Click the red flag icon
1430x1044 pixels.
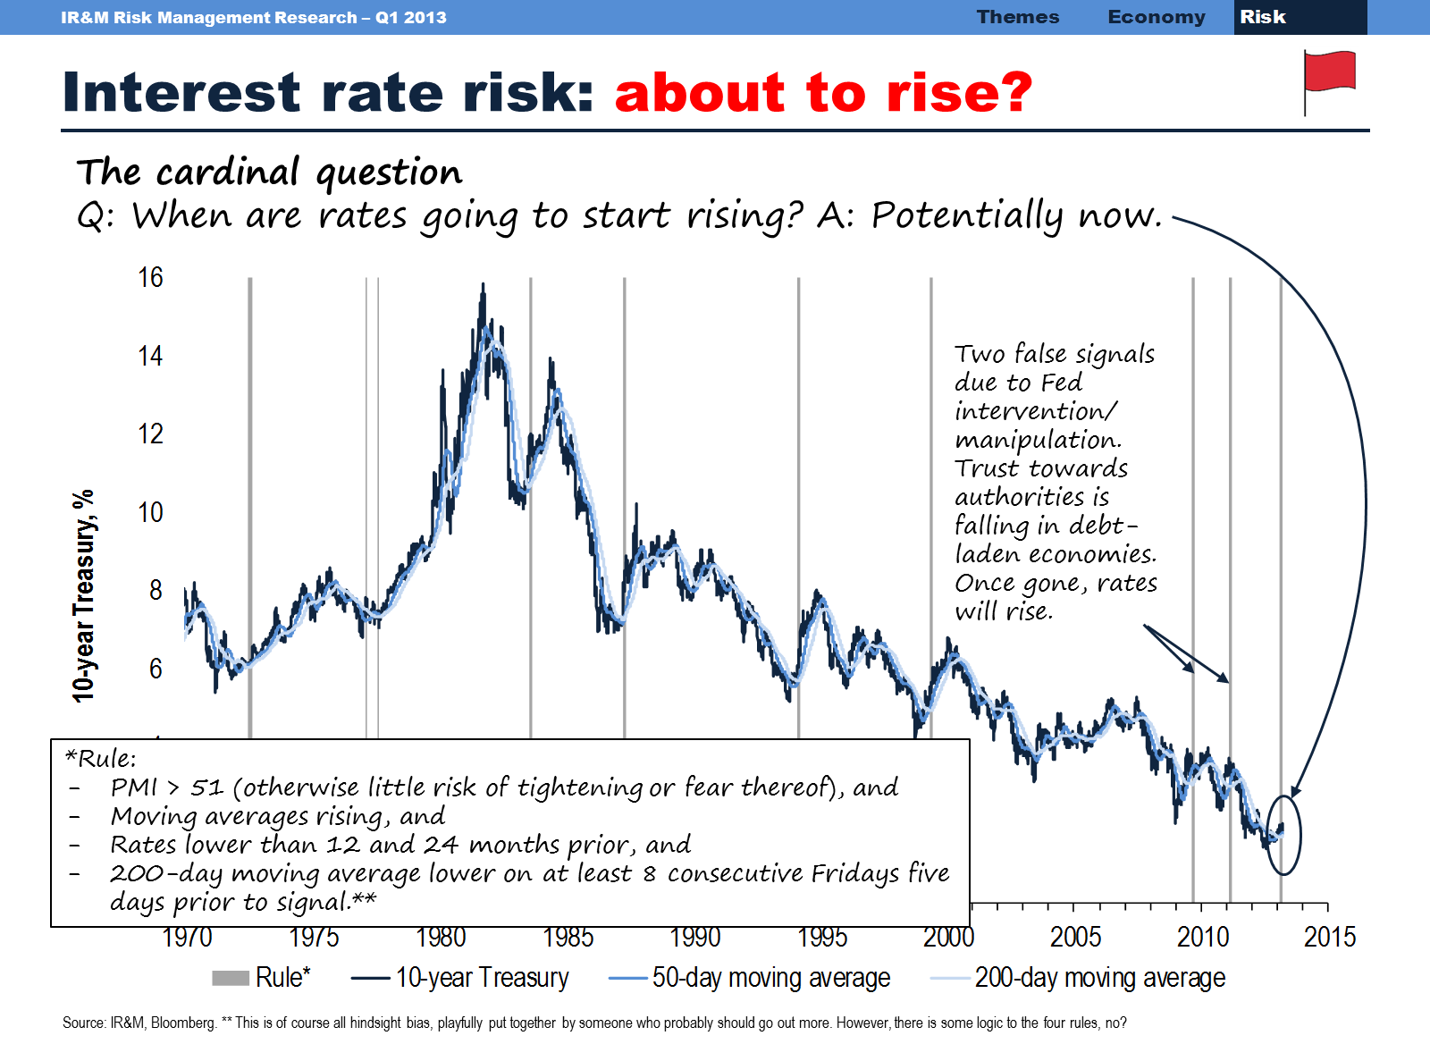(x=1329, y=72)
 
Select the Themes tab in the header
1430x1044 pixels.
(x=1017, y=17)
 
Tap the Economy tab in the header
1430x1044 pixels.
(x=1156, y=17)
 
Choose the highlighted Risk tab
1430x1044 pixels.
(x=1262, y=17)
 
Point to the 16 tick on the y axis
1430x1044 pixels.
(x=150, y=278)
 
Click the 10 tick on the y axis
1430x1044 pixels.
(x=150, y=513)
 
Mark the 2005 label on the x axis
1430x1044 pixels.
(x=1075, y=938)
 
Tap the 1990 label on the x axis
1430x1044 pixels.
(x=694, y=938)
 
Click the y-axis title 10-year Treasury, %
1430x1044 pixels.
(x=83, y=595)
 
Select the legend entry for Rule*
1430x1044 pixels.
(x=261, y=978)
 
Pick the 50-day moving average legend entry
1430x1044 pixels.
(x=750, y=978)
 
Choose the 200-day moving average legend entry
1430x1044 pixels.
(x=1078, y=978)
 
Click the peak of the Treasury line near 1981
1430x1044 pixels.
(x=484, y=286)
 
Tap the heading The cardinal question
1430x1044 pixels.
(x=269, y=172)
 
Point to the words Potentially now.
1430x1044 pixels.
(x=1015, y=215)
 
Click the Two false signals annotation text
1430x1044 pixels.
(x=1055, y=354)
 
